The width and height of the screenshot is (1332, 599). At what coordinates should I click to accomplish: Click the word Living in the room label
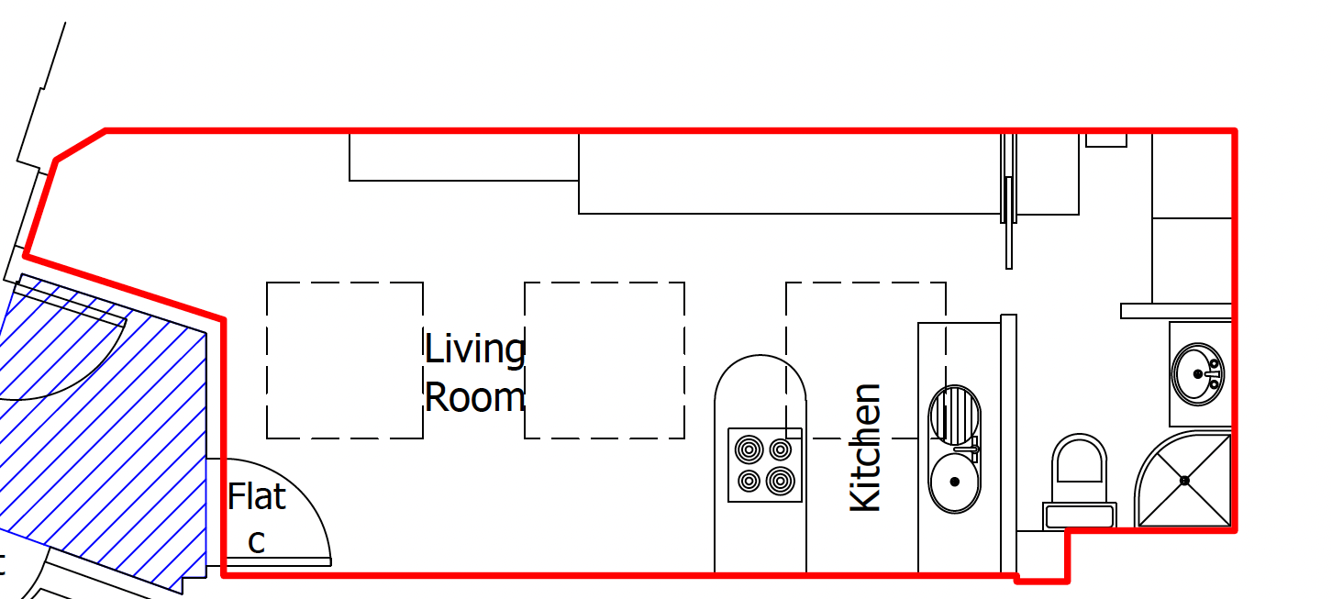[x=474, y=349]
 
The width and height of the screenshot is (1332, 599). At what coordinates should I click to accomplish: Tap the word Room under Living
[x=474, y=398]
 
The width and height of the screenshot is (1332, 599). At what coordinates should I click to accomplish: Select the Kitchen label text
[x=866, y=448]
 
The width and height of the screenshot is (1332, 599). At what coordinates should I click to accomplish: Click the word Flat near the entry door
[x=257, y=497]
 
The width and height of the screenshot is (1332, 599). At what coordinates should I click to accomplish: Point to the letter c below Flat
[x=257, y=541]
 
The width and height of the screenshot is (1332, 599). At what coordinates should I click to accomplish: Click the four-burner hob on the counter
[x=765, y=465]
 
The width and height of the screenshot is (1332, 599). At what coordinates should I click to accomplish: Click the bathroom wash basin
[x=1198, y=373]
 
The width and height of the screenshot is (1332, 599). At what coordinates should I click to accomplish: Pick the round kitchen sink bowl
[x=954, y=482]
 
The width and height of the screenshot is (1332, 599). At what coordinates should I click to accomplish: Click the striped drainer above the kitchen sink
[x=953, y=415]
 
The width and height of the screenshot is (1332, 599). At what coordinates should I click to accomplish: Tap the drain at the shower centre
[x=1184, y=480]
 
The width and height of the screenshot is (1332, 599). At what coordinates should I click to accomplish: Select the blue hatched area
[x=101, y=431]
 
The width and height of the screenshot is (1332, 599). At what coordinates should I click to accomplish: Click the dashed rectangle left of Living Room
[x=345, y=361]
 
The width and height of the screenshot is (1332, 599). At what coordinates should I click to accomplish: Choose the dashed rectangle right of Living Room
[x=605, y=361]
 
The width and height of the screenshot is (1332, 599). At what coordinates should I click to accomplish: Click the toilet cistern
[x=1081, y=516]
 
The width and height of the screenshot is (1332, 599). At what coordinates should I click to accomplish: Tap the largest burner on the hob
[x=781, y=480]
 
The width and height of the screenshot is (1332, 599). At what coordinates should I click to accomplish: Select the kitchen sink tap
[x=971, y=449]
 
